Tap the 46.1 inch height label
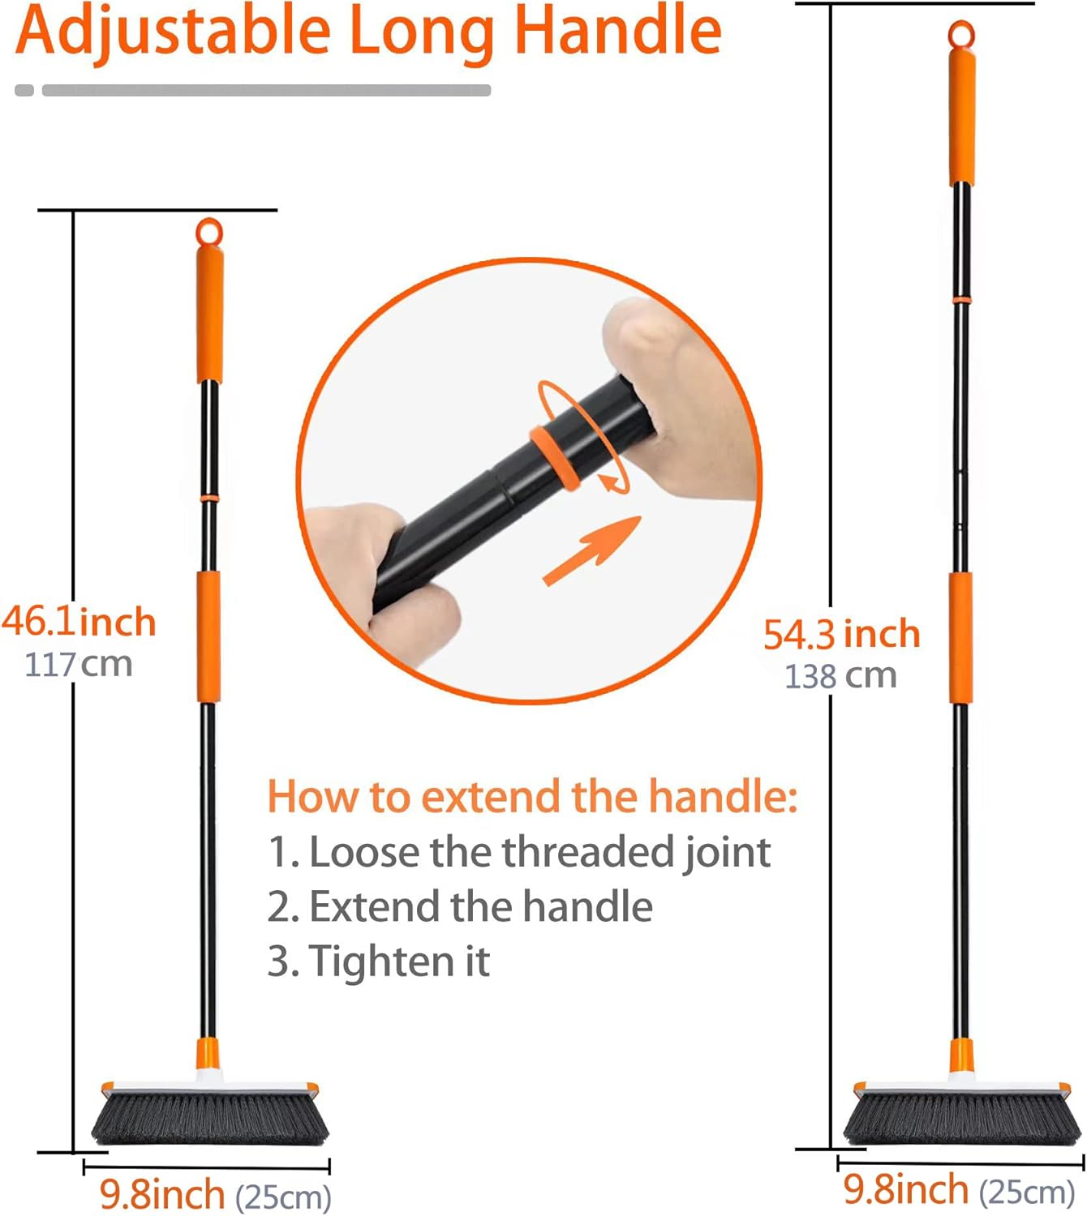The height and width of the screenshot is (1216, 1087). [79, 623]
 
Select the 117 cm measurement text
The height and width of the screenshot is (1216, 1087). [79, 665]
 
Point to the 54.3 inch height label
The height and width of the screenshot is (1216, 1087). [841, 634]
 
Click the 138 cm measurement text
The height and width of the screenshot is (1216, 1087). [840, 676]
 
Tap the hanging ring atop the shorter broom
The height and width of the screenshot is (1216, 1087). [209, 232]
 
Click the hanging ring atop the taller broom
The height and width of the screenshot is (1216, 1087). [961, 34]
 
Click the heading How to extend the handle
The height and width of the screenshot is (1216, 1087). [532, 796]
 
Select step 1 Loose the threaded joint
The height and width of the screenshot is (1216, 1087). [519, 852]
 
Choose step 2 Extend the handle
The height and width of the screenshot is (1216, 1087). [460, 906]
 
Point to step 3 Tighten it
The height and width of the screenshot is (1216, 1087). [379, 961]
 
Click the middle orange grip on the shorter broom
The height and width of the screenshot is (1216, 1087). [208, 637]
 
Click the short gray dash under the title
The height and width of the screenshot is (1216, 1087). [24, 90]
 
